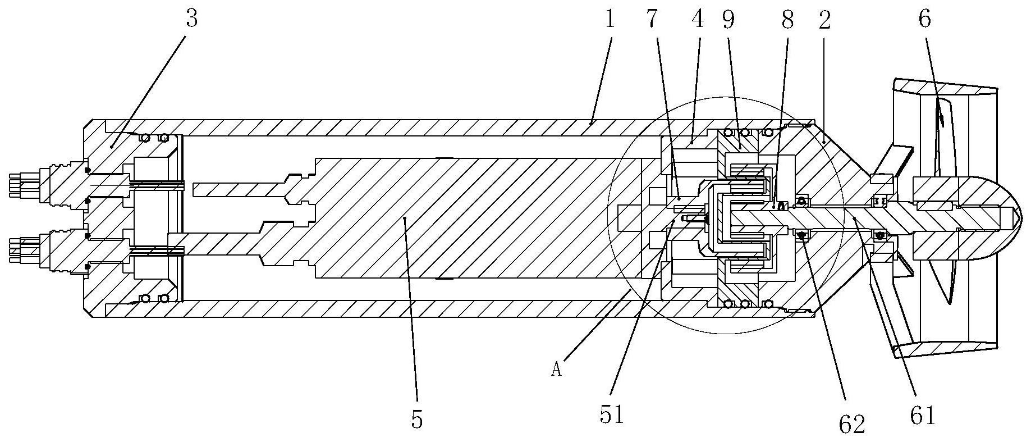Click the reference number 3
click(x=192, y=20)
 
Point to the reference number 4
click(x=698, y=20)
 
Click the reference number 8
click(x=787, y=20)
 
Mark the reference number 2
click(x=824, y=20)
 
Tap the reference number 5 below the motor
click(x=416, y=419)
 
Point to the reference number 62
click(x=851, y=424)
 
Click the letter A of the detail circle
click(x=557, y=370)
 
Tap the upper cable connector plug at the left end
click(x=39, y=184)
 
